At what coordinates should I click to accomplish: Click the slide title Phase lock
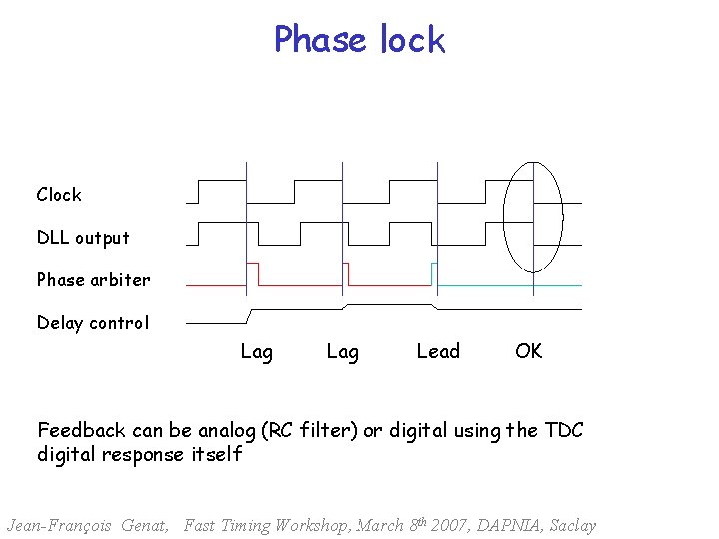(x=359, y=40)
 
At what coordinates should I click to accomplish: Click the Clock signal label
(x=59, y=195)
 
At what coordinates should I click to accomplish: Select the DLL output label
(x=83, y=238)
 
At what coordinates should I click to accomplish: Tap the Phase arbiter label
(x=93, y=280)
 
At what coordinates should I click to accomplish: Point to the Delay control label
(x=92, y=323)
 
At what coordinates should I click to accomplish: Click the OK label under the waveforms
(x=529, y=351)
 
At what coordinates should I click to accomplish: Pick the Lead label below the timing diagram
(x=438, y=351)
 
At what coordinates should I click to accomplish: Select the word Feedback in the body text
(x=81, y=431)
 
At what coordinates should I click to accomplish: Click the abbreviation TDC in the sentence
(x=564, y=431)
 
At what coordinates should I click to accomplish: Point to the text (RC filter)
(x=310, y=431)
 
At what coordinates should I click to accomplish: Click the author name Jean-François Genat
(x=88, y=525)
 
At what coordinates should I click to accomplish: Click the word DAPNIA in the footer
(x=506, y=525)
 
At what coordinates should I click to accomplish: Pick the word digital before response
(x=70, y=455)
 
